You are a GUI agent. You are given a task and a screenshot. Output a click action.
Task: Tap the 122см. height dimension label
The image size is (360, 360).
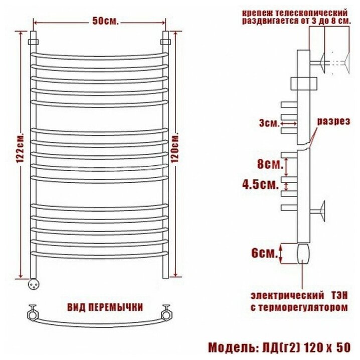[20, 147]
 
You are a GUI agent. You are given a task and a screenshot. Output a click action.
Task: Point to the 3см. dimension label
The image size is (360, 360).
[270, 123]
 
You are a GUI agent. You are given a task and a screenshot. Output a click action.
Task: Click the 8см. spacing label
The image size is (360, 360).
[270, 164]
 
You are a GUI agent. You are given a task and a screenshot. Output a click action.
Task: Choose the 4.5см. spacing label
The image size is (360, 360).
[261, 184]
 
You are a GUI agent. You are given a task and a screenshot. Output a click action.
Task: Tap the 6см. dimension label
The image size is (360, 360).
[265, 253]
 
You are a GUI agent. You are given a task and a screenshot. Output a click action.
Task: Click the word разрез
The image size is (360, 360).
[333, 121]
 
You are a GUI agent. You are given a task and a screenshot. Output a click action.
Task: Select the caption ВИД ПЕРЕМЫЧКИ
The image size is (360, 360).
[105, 307]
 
